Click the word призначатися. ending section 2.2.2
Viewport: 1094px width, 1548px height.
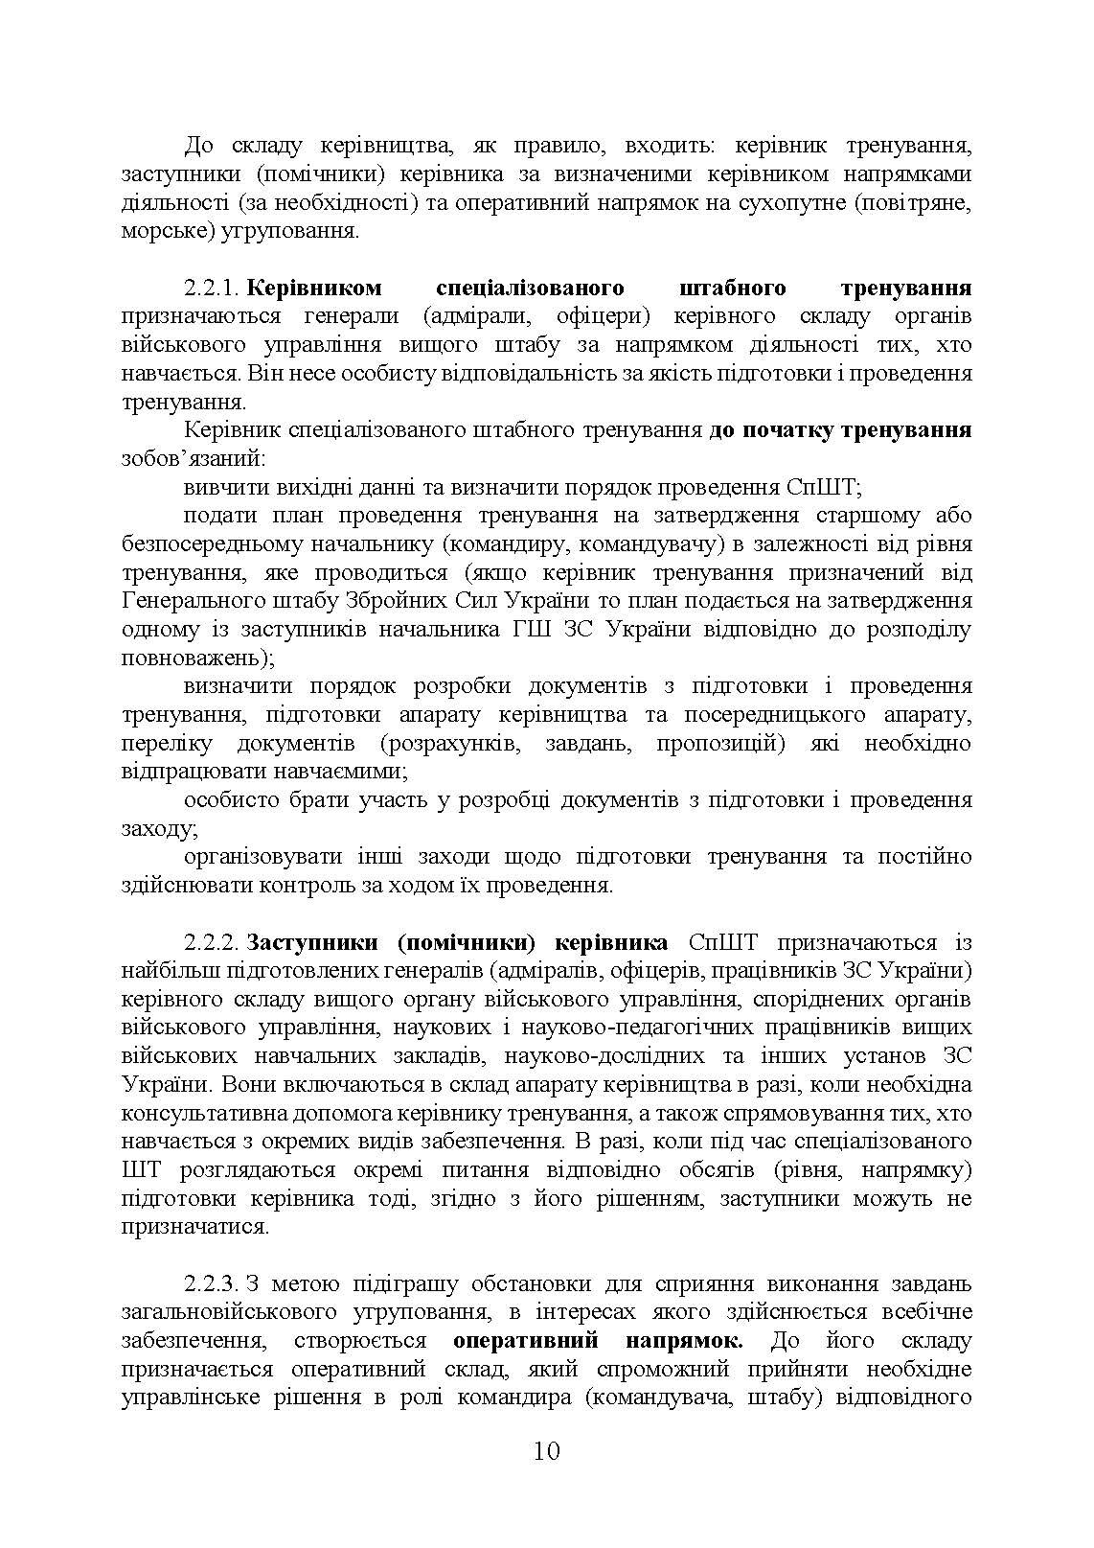pos(195,1227)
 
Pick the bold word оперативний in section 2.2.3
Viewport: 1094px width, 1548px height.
pos(525,1340)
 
